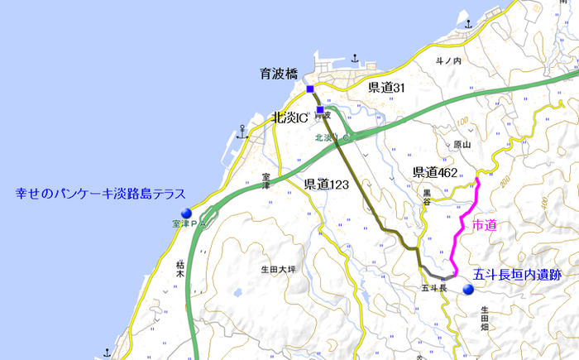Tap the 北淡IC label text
290,118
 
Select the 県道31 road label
386,87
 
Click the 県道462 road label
435,172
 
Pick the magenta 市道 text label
485,224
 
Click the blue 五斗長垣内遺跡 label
517,274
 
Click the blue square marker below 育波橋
309,89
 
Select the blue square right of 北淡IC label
320,109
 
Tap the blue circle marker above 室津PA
186,213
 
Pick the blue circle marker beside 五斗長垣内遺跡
468,289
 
